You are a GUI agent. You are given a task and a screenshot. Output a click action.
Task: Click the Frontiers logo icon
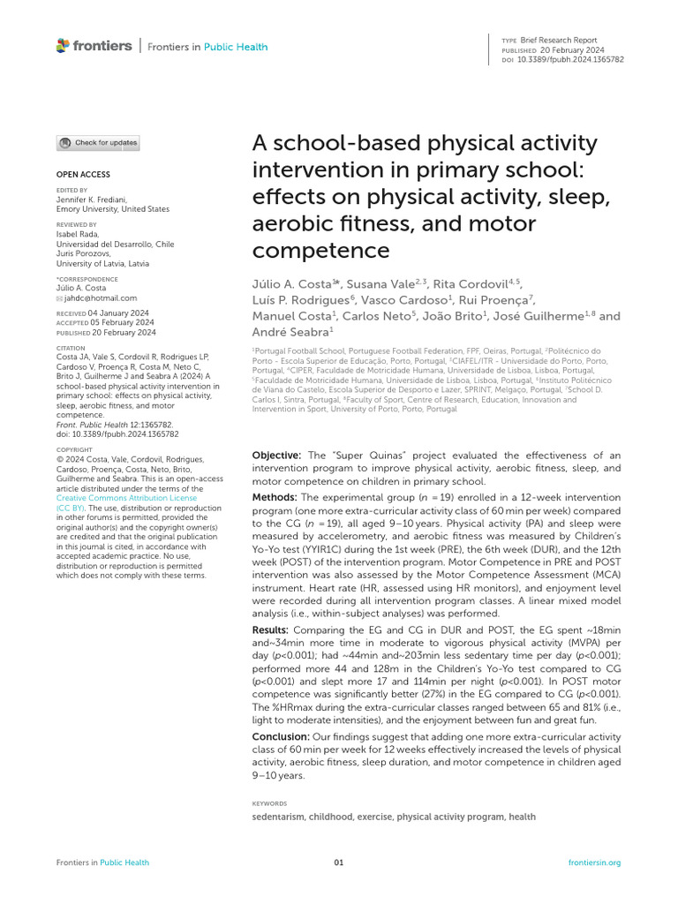[x=63, y=46]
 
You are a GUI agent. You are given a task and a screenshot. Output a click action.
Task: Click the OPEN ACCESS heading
[x=84, y=175]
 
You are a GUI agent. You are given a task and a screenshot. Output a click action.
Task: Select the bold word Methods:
[x=275, y=499]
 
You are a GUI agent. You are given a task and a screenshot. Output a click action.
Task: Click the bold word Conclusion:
[x=281, y=736]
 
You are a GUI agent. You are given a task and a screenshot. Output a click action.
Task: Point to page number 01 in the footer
[x=338, y=863]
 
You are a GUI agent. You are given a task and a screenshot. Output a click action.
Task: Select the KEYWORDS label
[x=269, y=803]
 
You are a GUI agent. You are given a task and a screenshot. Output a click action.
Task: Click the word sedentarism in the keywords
[x=277, y=817]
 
